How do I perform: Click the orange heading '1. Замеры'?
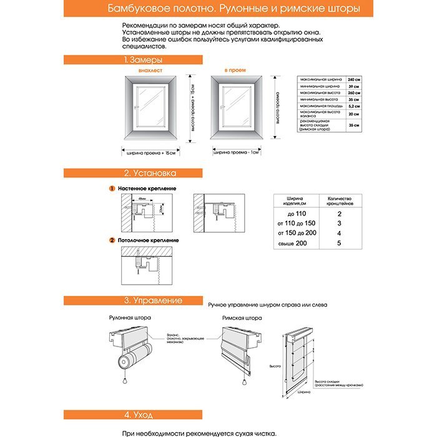(143, 60)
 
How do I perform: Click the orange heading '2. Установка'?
(149, 173)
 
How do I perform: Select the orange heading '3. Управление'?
(153, 300)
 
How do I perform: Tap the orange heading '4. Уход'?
(135, 414)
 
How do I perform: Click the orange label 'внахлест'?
(150, 72)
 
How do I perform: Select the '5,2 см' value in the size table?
(354, 106)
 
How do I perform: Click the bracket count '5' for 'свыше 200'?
(339, 243)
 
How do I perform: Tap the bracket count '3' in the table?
(339, 223)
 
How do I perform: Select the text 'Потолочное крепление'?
(148, 240)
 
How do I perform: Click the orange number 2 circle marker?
(112, 240)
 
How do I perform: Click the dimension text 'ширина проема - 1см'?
(237, 152)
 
